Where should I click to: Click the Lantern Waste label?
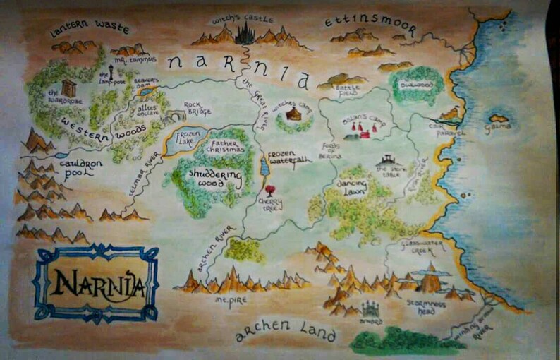pos(90,28)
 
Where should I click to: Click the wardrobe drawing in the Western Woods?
pos(68,88)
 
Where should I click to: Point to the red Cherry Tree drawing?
pos(269,191)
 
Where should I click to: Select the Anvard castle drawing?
pos(369,308)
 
